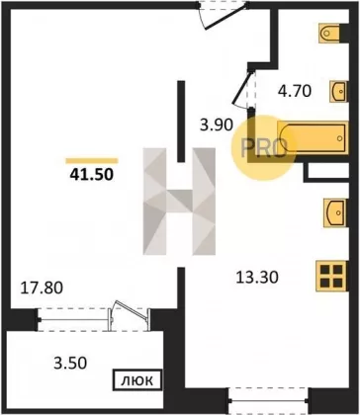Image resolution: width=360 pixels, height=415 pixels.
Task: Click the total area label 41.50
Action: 92,174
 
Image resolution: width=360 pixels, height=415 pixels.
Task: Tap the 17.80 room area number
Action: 42,288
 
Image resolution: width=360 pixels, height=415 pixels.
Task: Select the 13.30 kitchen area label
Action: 257,278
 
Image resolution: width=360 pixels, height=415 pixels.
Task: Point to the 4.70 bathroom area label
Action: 295,91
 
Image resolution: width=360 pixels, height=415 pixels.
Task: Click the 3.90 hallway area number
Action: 218,124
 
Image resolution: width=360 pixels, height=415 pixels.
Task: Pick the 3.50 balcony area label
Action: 70,363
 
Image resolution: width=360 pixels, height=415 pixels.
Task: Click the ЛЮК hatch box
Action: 137,380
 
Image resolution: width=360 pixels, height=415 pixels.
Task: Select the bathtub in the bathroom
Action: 313,138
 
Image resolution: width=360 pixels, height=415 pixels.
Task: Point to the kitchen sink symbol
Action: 335,212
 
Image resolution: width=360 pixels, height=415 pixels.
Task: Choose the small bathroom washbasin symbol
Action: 339,91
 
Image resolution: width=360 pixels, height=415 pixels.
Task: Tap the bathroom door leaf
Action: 241,87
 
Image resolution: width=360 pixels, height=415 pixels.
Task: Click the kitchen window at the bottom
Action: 269,400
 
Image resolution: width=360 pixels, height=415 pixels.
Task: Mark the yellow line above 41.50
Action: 92,161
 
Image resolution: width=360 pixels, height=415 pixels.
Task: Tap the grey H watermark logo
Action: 179,202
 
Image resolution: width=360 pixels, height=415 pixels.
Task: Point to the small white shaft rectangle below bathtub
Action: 327,172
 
